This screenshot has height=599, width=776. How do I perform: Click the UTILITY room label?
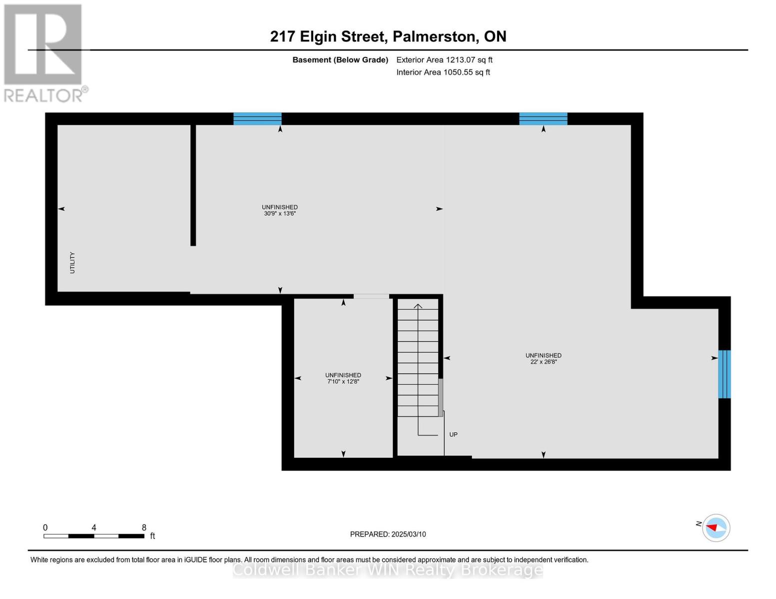coord(72,263)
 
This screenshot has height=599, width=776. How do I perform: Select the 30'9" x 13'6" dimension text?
coord(280,214)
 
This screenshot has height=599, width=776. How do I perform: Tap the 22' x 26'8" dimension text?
coord(543,362)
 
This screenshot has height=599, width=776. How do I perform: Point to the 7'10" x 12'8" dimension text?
coord(343,381)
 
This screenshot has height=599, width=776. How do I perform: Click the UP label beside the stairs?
coord(453,435)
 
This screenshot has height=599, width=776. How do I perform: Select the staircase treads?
coord(418,359)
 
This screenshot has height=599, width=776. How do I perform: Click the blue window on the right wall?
coord(724,374)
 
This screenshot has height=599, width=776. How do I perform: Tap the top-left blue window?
coord(257,119)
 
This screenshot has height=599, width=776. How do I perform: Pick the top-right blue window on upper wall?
coord(543,119)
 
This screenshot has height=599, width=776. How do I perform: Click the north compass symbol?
coord(716,528)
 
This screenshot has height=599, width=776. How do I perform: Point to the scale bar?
coord(94,536)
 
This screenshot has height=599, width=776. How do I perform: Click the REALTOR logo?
coord(44,52)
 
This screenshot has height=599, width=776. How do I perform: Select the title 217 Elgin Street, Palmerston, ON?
coord(388,36)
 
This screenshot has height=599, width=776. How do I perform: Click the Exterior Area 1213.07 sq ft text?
coord(444,60)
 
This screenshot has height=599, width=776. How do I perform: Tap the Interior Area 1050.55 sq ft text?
coord(443,72)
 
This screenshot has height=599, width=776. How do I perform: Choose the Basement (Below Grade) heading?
coord(340,60)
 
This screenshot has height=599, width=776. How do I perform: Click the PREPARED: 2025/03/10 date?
coord(388,534)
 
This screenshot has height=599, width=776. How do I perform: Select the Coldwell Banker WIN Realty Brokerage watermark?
coord(388,570)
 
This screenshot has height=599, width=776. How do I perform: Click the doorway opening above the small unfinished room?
coord(371,297)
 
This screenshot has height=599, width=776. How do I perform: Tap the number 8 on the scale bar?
coord(144,528)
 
